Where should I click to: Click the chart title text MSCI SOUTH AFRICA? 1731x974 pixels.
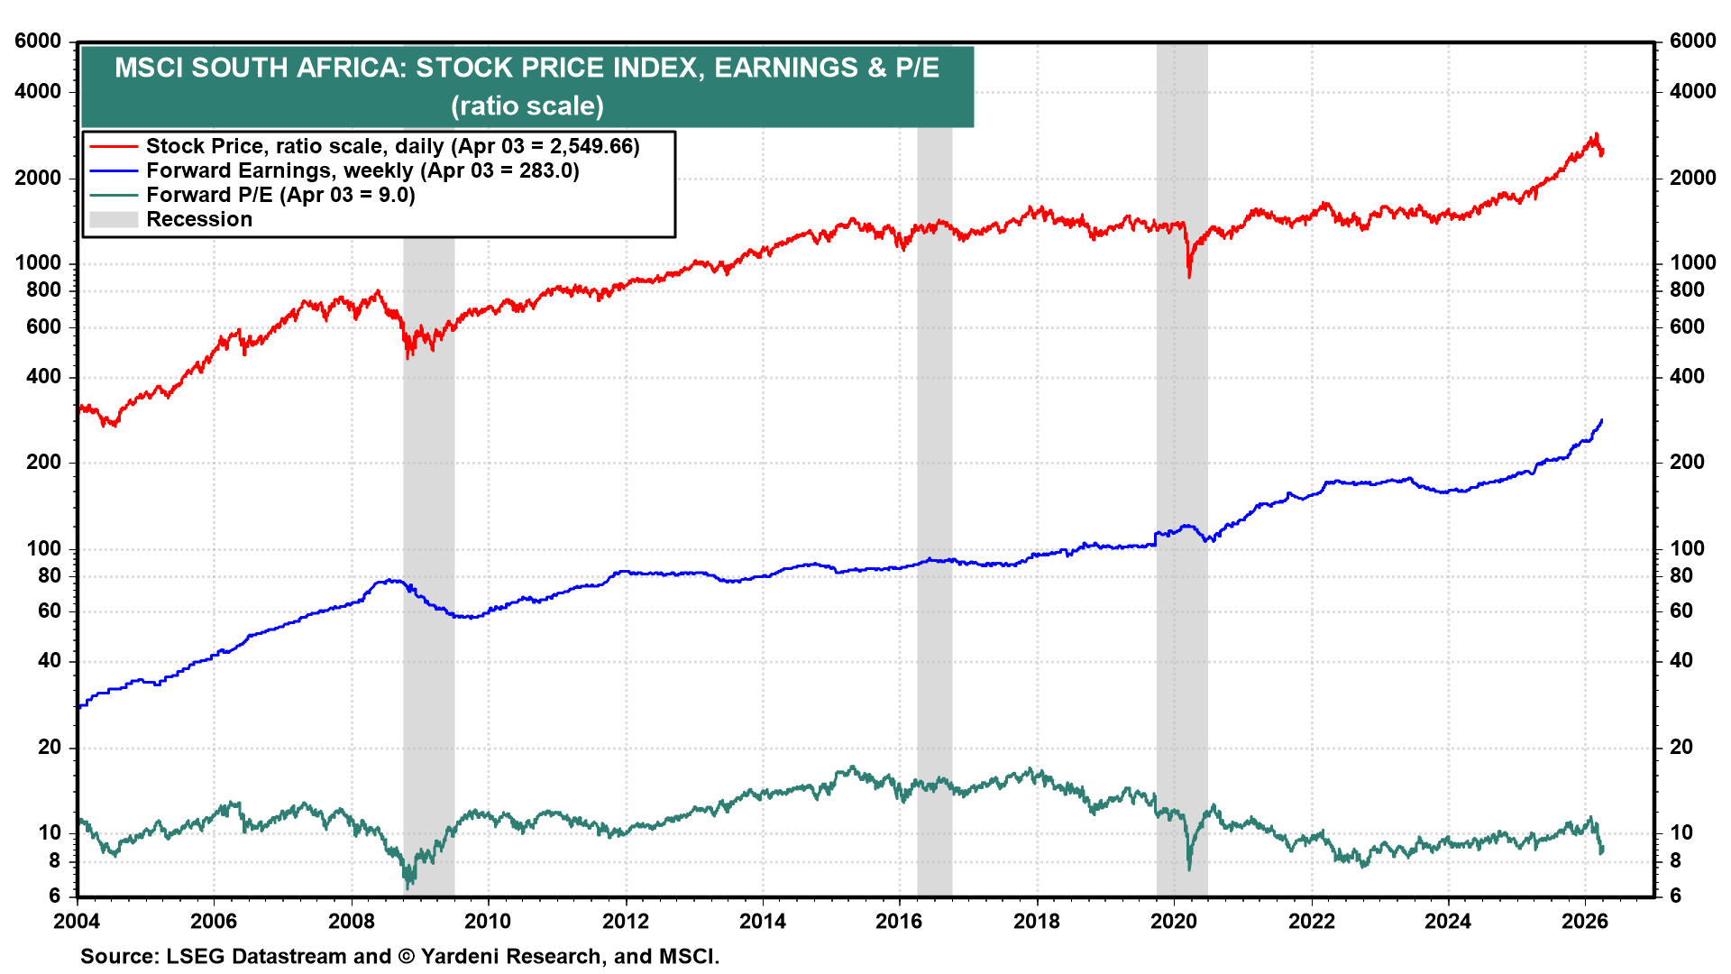click(527, 68)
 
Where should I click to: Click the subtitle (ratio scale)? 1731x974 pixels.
click(527, 106)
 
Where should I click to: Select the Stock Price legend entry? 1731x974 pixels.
click(392, 146)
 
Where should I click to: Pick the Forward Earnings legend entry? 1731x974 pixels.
click(362, 170)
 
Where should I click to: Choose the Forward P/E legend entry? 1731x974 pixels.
click(280, 195)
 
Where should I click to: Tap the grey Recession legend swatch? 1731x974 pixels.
click(114, 219)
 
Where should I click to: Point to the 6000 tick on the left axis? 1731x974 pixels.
click(38, 41)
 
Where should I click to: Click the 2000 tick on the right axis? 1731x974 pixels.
click(1692, 178)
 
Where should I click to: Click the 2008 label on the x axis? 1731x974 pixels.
click(351, 921)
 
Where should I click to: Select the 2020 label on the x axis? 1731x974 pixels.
click(1174, 921)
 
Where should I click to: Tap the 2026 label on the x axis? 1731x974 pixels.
click(1585, 921)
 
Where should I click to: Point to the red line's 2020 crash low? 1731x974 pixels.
click(1189, 275)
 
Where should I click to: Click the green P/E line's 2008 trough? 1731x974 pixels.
click(408, 887)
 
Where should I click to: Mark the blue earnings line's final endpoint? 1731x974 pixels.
click(1602, 419)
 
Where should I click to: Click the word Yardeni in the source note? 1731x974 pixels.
click(463, 956)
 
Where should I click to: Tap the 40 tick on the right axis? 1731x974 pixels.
click(1681, 660)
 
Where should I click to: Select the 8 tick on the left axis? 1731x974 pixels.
click(54, 860)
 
